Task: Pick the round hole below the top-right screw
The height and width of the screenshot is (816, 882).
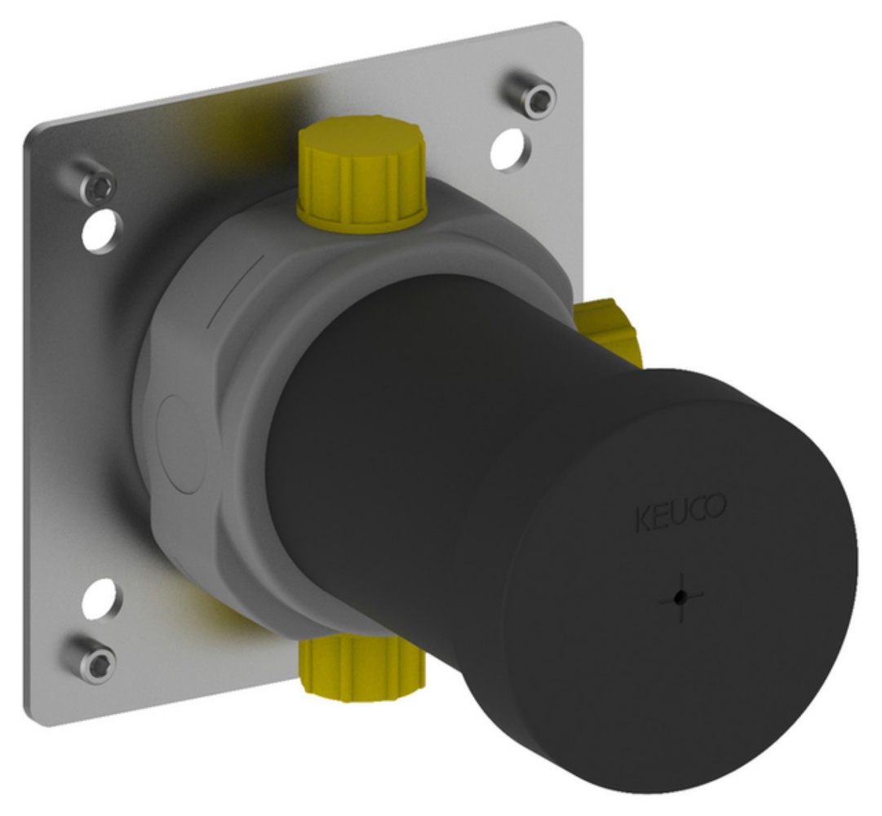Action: point(512,150)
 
